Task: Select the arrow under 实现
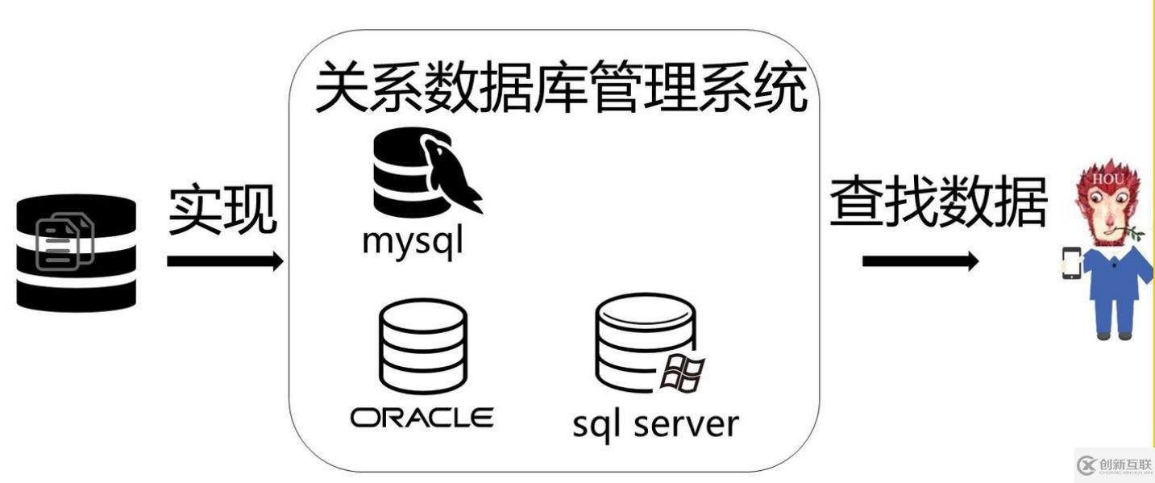tap(225, 261)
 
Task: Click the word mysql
tap(413, 240)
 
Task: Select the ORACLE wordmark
tap(422, 418)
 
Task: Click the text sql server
tap(654, 423)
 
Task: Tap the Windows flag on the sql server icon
tap(683, 373)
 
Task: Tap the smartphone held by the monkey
tap(1071, 264)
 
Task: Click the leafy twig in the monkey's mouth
tap(1133, 235)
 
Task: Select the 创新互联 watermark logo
tap(1115, 465)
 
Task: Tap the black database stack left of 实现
tap(77, 252)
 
